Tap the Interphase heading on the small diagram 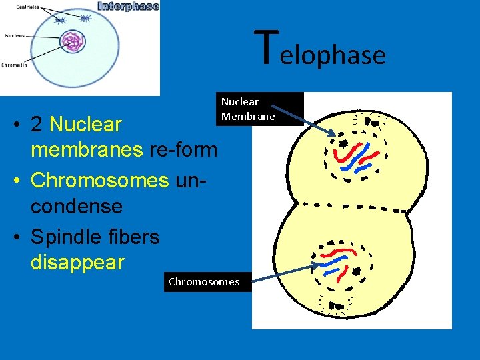coord(128,7)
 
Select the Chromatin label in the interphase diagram coord(14,65)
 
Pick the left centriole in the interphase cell coord(60,21)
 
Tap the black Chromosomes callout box coord(207,281)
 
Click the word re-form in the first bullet coord(183,149)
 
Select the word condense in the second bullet coord(77,206)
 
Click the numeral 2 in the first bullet coord(38,125)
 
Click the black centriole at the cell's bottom coord(338,307)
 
